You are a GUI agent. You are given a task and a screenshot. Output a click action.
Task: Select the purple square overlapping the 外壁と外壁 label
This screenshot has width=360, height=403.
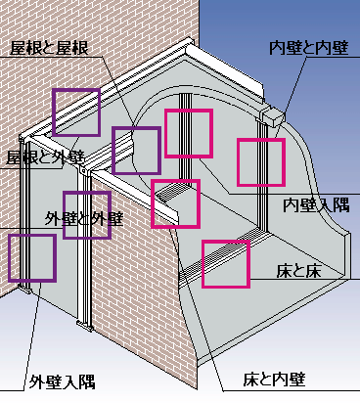[87, 214]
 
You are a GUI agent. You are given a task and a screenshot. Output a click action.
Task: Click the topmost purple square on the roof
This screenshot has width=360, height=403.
[76, 111]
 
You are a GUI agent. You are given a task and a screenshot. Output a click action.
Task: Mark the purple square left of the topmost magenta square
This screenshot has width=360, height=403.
[136, 151]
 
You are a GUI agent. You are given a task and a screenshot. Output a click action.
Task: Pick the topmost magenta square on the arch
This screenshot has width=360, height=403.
[188, 134]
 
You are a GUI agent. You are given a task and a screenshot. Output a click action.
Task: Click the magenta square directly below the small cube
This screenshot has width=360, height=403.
[260, 162]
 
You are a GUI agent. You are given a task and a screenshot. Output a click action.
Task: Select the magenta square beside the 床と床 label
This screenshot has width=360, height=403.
[225, 264]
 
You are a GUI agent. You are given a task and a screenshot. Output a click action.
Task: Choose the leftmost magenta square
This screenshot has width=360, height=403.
[175, 203]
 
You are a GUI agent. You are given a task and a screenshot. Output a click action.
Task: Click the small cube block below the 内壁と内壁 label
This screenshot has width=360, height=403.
[271, 120]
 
